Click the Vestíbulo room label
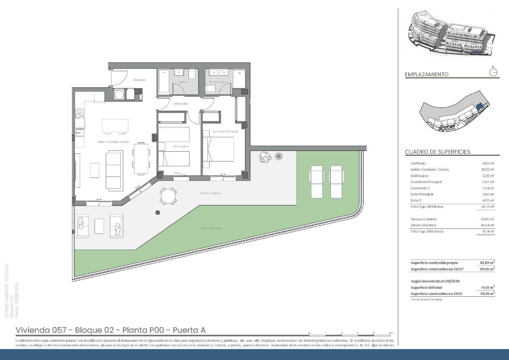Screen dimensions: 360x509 pos(139,80)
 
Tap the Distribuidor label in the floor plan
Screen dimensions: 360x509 pos(180,104)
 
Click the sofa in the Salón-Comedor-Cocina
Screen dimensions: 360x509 pos(113,170)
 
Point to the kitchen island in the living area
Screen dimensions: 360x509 pos(115,126)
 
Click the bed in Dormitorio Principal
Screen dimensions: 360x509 pos(219,149)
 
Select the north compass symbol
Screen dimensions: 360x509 pos(493,72)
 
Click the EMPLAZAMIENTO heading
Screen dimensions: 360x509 pos(426,74)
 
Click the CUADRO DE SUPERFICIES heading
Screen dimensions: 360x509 pos(437,152)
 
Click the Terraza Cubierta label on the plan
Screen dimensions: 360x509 pos(210,193)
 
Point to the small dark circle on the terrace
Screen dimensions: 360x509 pos(158,213)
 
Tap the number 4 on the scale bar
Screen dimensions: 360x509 pos(373,333)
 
